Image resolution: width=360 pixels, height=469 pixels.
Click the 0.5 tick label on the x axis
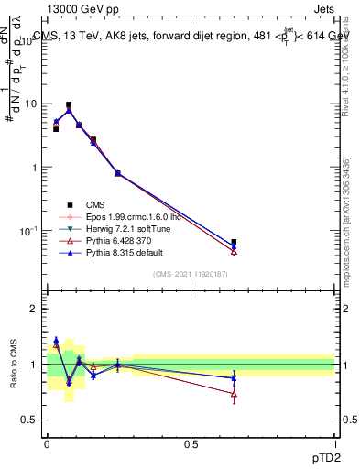pyautogui.click(x=191, y=444)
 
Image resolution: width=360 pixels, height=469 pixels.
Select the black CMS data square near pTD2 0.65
pyautogui.click(x=234, y=243)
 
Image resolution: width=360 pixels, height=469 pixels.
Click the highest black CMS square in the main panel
pyautogui.click(x=69, y=105)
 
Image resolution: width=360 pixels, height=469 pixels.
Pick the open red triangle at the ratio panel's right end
pyautogui.click(x=234, y=396)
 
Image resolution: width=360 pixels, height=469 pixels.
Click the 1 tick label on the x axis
pyautogui.click(x=335, y=444)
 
